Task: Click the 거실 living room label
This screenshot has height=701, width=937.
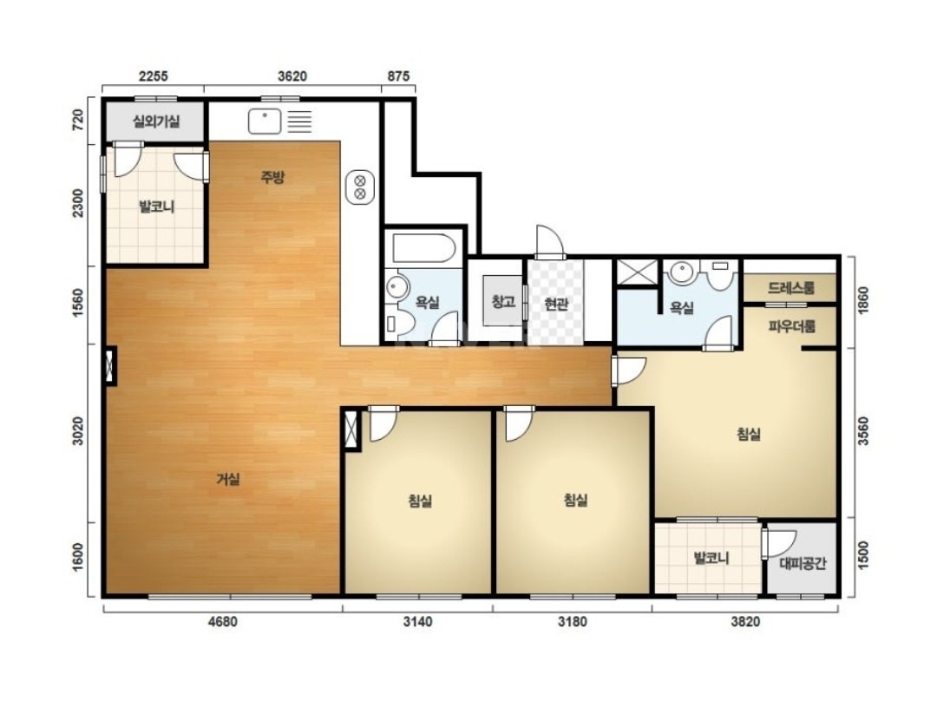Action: tap(228, 479)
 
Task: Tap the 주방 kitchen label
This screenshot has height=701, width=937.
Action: tap(272, 177)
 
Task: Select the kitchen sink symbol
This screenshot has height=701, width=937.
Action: tap(264, 121)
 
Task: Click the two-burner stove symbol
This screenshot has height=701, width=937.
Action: tap(360, 187)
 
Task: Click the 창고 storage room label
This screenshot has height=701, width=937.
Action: tap(503, 301)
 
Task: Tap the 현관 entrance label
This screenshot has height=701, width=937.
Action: tap(556, 305)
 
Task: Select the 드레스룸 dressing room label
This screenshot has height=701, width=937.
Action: tap(791, 288)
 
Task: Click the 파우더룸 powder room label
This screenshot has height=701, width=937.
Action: tap(792, 326)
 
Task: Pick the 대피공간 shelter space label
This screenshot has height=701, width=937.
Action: tap(803, 563)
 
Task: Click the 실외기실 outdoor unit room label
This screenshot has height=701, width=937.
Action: tap(156, 122)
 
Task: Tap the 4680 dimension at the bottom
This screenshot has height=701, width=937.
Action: tap(222, 621)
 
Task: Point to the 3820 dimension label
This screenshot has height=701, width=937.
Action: tap(745, 621)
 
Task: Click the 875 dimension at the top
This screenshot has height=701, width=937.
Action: tap(398, 75)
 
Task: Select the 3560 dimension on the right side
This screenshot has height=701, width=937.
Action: tap(863, 431)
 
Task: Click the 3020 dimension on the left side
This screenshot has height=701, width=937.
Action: tap(78, 431)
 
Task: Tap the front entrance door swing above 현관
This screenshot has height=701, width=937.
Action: tap(549, 241)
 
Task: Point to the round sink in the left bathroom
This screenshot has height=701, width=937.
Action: tap(395, 286)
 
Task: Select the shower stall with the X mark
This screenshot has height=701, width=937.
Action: tap(637, 273)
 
